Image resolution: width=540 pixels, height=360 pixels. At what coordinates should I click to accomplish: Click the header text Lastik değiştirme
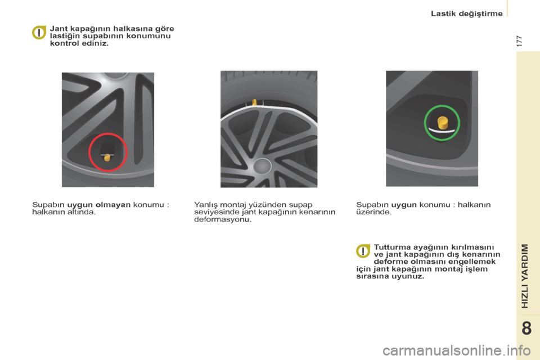(x=467, y=13)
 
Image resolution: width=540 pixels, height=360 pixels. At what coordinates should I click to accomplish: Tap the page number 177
(x=520, y=41)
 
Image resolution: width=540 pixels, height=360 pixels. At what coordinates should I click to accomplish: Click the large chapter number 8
(x=526, y=328)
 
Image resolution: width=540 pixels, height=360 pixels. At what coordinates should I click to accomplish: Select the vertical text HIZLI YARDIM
(x=524, y=276)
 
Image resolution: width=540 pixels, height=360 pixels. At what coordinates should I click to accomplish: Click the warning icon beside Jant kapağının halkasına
(x=39, y=33)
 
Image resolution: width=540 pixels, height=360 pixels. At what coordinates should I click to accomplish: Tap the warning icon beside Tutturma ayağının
(x=363, y=251)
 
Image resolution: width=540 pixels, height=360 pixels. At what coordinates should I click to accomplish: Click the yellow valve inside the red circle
(x=107, y=157)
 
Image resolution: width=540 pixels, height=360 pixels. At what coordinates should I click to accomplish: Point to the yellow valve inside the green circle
(x=443, y=123)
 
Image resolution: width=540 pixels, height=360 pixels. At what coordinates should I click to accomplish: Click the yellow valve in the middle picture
(x=254, y=102)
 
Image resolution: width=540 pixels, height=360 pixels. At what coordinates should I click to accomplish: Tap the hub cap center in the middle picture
(x=262, y=166)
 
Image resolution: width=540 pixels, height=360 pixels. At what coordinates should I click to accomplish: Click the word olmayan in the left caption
(x=113, y=205)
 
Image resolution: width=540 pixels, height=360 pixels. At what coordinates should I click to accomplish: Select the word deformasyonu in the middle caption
(x=223, y=219)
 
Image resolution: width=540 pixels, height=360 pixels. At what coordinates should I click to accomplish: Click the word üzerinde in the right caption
(x=373, y=212)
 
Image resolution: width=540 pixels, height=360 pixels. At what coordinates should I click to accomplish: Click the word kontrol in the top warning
(x=64, y=43)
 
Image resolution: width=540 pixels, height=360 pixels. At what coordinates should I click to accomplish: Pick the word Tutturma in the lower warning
(x=392, y=247)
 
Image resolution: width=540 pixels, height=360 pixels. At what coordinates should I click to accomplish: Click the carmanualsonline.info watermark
(x=456, y=350)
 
